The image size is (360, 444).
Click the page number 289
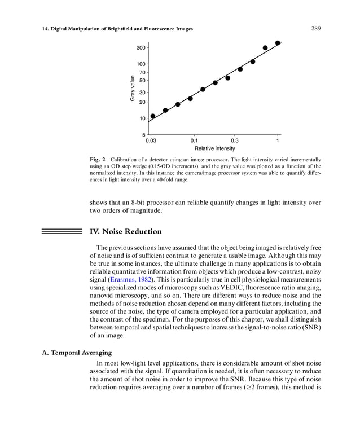click(316, 29)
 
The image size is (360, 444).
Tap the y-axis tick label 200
click(141, 49)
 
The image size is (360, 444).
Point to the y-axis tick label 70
click(142, 73)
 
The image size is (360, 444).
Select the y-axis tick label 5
click(144, 135)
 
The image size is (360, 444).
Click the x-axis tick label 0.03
click(151, 140)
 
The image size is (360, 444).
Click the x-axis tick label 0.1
click(194, 140)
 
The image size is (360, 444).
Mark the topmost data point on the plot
click(278, 43)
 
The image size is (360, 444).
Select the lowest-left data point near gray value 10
click(153, 116)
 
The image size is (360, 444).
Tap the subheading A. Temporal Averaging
click(71, 353)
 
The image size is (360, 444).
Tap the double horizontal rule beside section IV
click(62, 231)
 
